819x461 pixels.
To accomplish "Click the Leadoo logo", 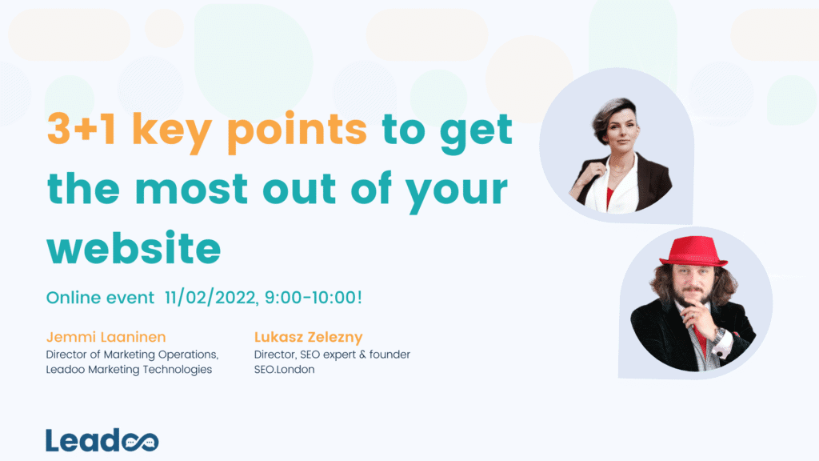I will click(x=102, y=440).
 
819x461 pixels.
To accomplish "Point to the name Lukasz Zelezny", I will click(x=303, y=337).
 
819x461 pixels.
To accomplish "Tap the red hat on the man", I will click(x=693, y=251).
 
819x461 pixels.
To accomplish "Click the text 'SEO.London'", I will click(x=284, y=369).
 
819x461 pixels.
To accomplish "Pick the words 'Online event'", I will click(x=100, y=298).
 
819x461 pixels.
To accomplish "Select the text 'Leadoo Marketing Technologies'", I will click(x=129, y=369).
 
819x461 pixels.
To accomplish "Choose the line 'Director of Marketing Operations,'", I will click(x=132, y=354).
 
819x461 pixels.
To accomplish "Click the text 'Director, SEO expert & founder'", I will click(x=332, y=354).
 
